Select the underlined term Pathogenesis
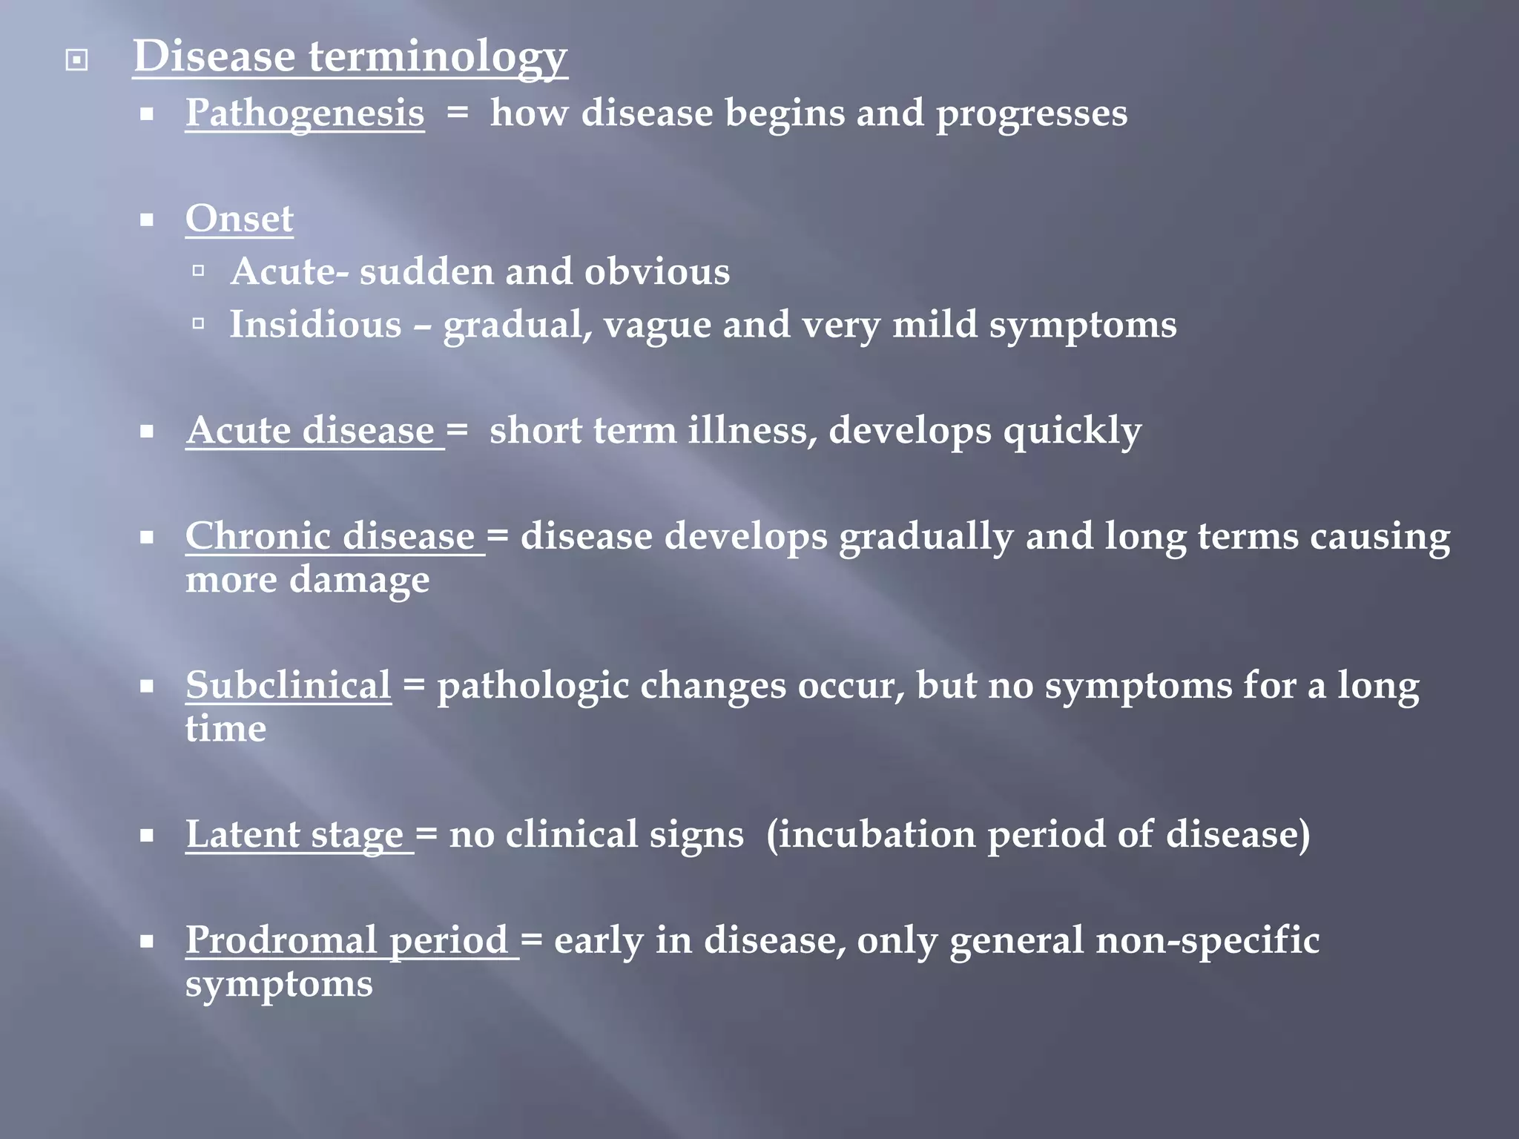pyautogui.click(x=305, y=113)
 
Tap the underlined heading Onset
pyautogui.click(x=239, y=219)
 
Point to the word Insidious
pyautogui.click(x=315, y=325)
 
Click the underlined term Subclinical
pyautogui.click(x=288, y=685)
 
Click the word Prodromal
pyautogui.click(x=281, y=940)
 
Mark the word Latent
pyautogui.click(x=242, y=834)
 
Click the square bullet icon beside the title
pyautogui.click(x=76, y=59)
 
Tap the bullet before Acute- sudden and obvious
pyautogui.click(x=198, y=271)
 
